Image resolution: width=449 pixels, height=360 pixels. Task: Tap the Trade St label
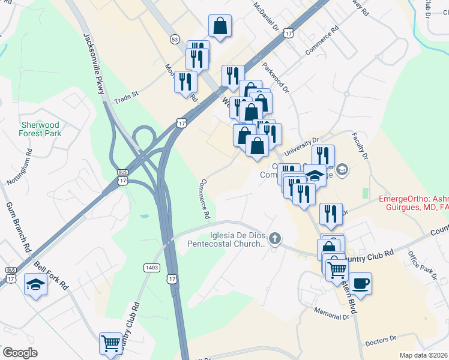tap(126, 95)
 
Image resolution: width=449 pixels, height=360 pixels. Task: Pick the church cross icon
tap(275, 240)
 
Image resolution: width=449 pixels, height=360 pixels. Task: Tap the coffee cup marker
tap(360, 283)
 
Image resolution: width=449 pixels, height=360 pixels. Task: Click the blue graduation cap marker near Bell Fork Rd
tap(36, 284)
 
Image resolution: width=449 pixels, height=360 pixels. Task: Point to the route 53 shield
tap(175, 38)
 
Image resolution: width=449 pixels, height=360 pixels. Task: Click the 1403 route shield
tap(151, 266)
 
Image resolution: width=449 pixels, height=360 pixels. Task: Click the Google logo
tap(20, 353)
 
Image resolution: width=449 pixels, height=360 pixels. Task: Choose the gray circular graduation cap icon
tap(342, 171)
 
